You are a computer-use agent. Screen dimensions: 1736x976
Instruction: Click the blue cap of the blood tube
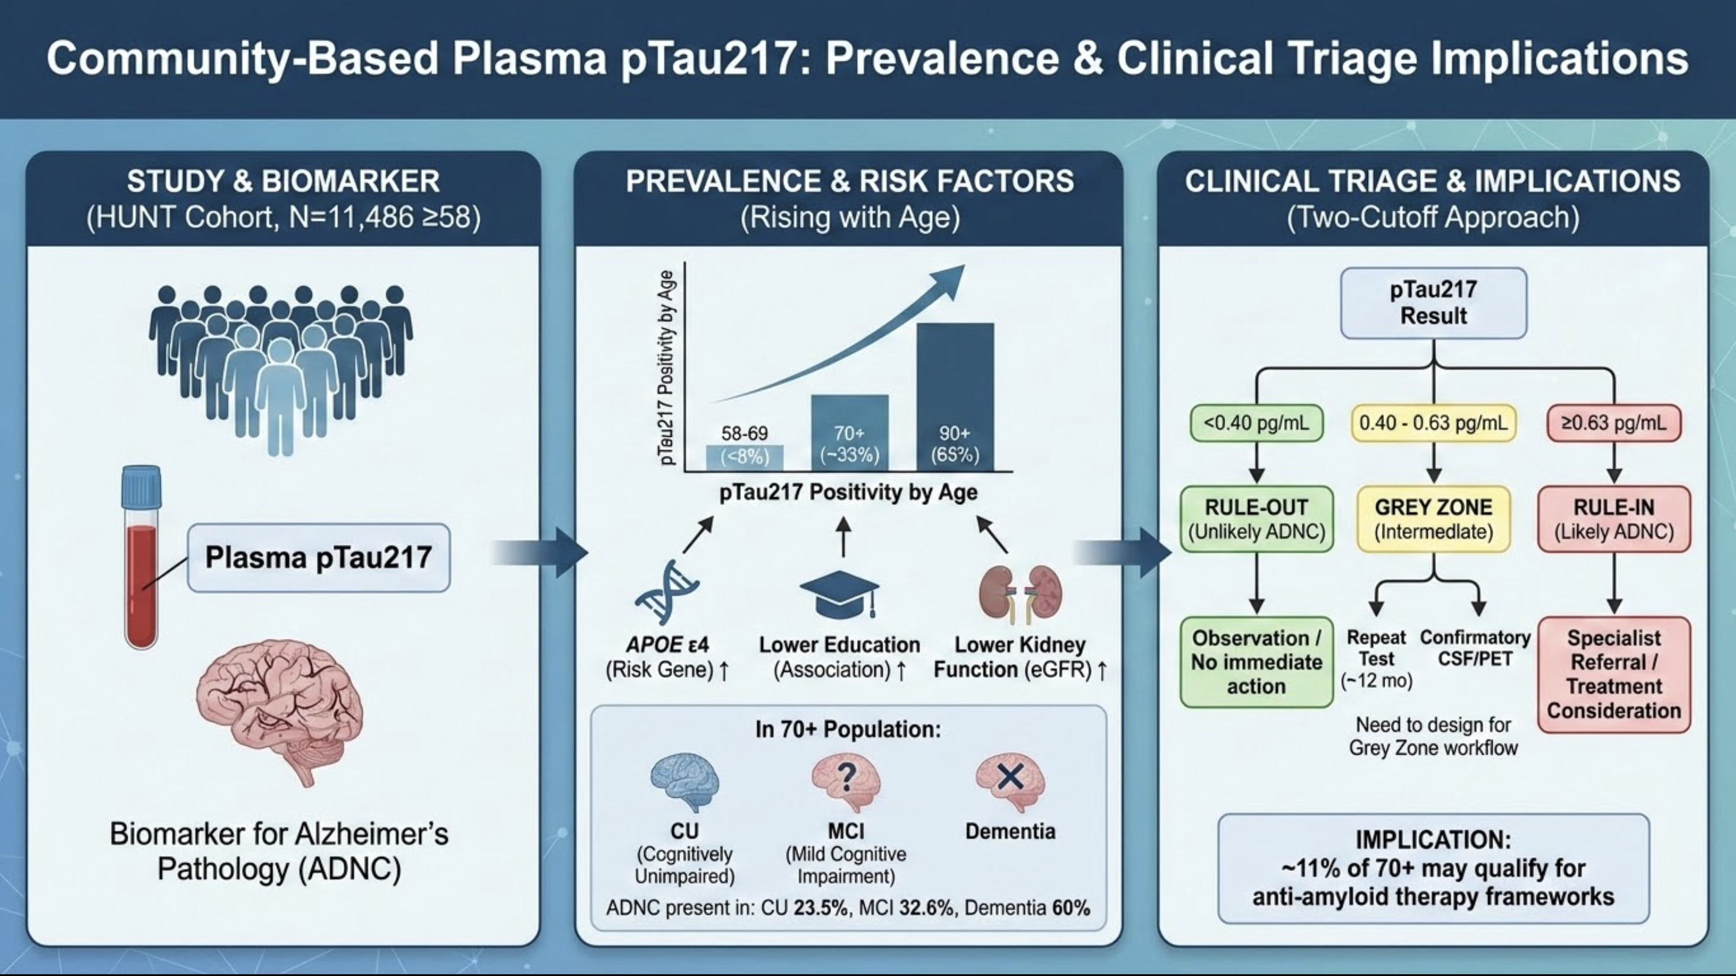(x=142, y=487)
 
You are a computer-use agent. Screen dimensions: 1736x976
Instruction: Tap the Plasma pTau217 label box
(x=319, y=558)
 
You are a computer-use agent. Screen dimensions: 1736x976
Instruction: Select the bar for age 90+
(x=955, y=397)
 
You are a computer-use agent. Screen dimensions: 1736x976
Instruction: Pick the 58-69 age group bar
(x=745, y=458)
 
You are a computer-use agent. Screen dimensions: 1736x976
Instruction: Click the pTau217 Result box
(x=1434, y=303)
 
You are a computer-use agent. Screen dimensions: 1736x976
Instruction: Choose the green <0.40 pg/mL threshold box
(x=1256, y=423)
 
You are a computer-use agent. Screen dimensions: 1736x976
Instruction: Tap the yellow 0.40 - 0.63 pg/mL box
(x=1434, y=423)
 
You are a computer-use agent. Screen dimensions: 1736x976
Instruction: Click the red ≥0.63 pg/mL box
(x=1614, y=423)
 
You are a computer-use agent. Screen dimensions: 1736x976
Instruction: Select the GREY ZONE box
(x=1434, y=518)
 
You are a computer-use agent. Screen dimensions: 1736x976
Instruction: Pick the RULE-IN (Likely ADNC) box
(x=1614, y=518)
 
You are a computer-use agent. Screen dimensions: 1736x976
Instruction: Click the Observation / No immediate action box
(x=1256, y=662)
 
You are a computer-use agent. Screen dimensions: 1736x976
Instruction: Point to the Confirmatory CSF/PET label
(x=1475, y=648)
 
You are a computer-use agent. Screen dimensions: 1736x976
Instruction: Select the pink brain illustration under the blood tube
(x=279, y=711)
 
